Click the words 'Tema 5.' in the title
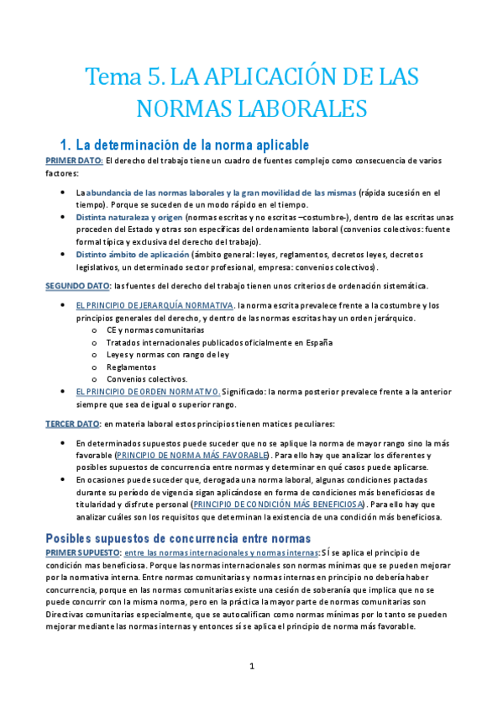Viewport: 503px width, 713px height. tap(124, 77)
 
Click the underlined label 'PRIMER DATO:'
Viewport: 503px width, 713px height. tap(74, 160)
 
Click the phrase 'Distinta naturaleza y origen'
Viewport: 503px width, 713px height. tap(125, 216)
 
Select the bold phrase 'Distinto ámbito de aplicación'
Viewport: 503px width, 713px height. tap(132, 254)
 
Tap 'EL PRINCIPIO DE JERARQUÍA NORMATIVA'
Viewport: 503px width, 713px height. tap(154, 304)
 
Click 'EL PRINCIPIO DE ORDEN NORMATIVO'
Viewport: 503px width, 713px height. tap(148, 392)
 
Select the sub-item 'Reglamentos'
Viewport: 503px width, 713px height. tap(130, 367)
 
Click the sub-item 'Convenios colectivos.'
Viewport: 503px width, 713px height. tap(146, 379)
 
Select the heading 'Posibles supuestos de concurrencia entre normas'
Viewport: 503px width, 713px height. tap(178, 537)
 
